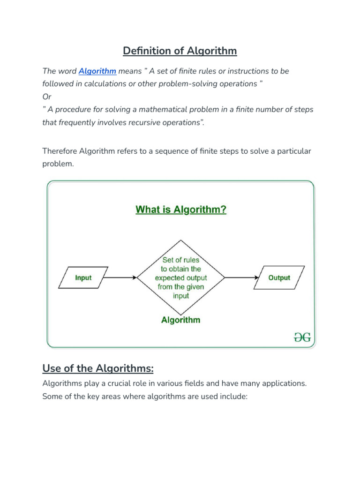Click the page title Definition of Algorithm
[x=180, y=51]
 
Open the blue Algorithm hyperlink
[x=97, y=71]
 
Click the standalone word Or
[x=47, y=97]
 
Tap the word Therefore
[x=60, y=151]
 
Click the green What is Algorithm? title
[x=181, y=210]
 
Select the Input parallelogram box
[x=83, y=277]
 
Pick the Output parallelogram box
[x=279, y=277]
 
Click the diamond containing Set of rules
[x=181, y=277]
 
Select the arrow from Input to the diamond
[x=120, y=277]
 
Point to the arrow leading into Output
[x=241, y=277]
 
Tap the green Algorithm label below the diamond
[x=180, y=320]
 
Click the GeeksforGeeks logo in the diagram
[x=302, y=337]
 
